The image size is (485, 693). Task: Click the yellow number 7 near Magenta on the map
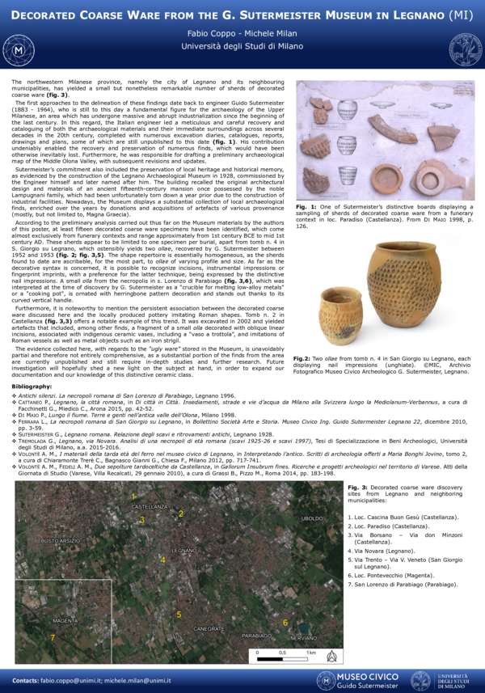[x=53, y=637]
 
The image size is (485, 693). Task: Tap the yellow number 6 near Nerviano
[x=285, y=622]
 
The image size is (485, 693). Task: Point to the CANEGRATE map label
[x=209, y=628]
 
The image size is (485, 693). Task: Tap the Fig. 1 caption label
[x=306, y=207]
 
